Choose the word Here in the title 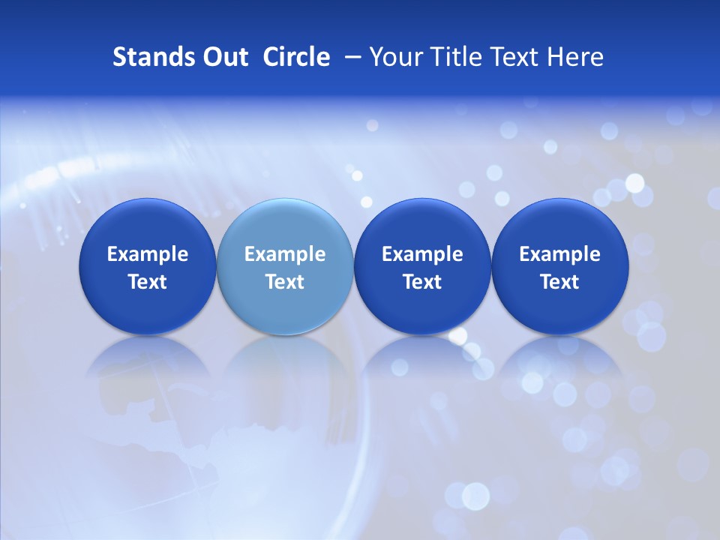(x=575, y=57)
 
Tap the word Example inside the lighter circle (x=285, y=254)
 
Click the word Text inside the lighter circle (x=285, y=282)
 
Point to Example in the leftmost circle (x=148, y=254)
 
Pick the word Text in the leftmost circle (x=148, y=282)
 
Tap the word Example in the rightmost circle (x=559, y=254)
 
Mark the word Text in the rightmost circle (x=559, y=282)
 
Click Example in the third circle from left (x=422, y=254)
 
